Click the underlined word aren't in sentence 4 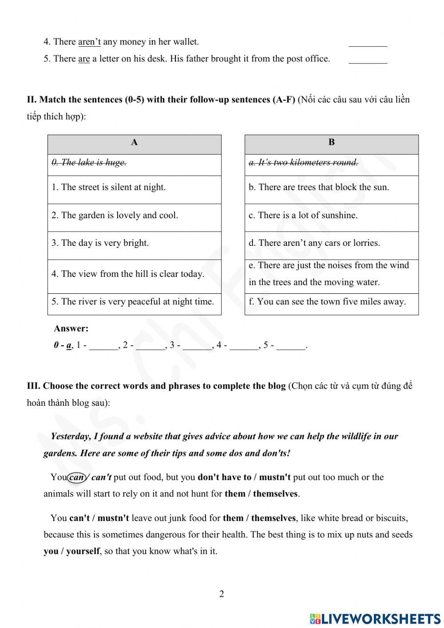[x=89, y=42]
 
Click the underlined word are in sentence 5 [x=84, y=59]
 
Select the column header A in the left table [x=134, y=142]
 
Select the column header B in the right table [x=331, y=142]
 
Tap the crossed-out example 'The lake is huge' [x=89, y=163]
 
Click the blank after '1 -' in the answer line [x=103, y=346]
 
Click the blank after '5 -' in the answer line [x=291, y=346]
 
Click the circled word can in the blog [x=77, y=477]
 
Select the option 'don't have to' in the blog [x=224, y=477]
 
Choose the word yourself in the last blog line [x=83, y=551]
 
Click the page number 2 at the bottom [x=222, y=594]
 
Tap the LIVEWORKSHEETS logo [x=375, y=618]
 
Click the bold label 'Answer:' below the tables [x=71, y=328]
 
